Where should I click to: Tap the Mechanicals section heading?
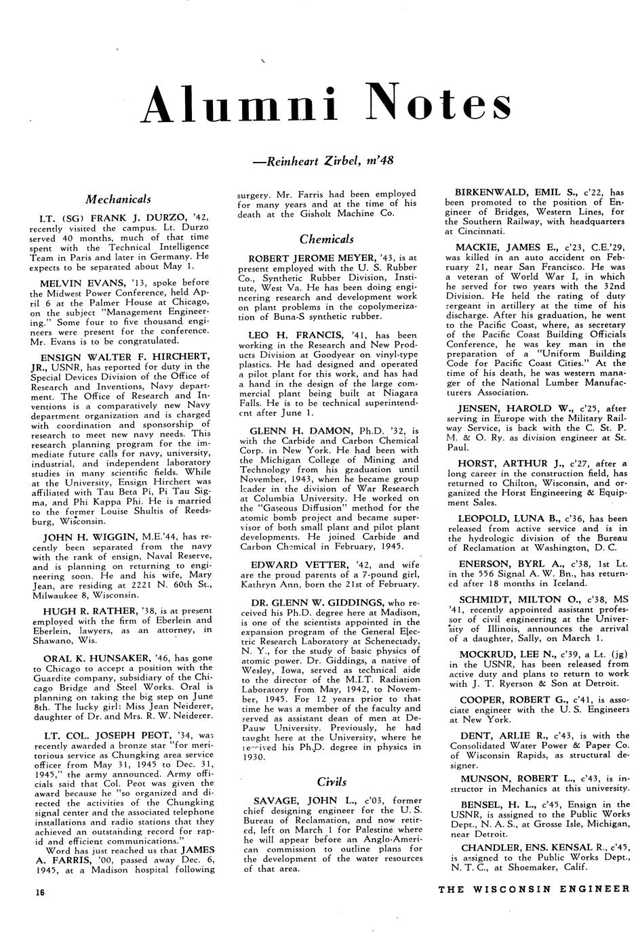pos(119,199)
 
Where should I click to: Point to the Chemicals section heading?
pos(326,239)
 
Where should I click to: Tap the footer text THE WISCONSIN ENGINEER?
pos(534,890)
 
